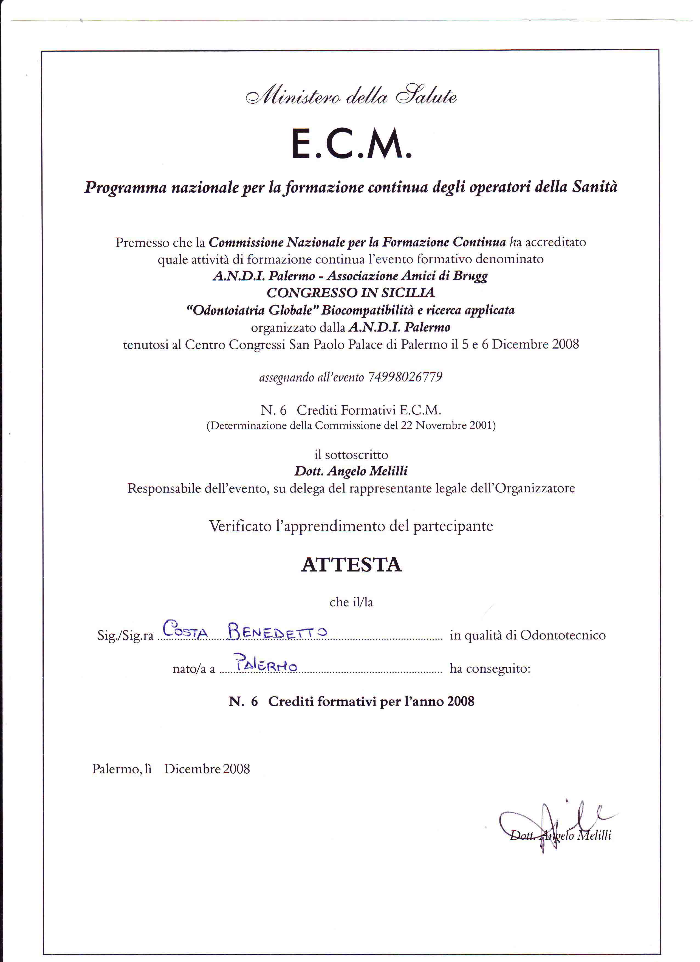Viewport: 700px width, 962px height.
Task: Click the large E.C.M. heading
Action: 351,145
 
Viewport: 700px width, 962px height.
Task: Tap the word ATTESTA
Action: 351,565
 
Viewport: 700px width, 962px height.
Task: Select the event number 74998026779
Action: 405,377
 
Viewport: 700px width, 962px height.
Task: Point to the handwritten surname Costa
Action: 185,629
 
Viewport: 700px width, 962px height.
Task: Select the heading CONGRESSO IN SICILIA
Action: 351,293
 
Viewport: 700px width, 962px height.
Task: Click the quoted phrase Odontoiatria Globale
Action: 253,310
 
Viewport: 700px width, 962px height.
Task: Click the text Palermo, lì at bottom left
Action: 122,769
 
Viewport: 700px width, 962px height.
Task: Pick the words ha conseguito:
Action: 490,669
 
